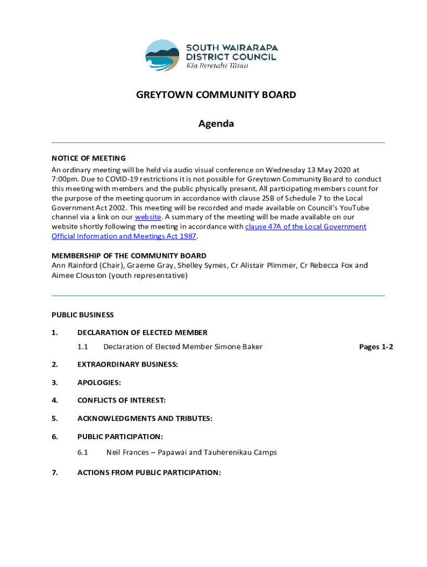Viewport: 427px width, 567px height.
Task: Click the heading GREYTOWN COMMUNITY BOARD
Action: click(216, 95)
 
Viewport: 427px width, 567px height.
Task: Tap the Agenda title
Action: click(216, 123)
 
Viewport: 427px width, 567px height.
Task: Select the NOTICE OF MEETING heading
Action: click(89, 158)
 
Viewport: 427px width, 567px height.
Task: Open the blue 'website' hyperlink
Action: click(148, 217)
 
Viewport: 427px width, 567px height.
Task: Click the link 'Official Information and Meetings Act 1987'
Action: click(124, 236)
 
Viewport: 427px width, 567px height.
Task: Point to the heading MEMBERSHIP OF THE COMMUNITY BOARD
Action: click(129, 256)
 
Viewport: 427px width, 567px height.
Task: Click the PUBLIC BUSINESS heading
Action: click(83, 315)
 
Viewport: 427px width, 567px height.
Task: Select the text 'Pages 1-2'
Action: click(376, 347)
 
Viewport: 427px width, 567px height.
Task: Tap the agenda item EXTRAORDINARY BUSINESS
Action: click(128, 364)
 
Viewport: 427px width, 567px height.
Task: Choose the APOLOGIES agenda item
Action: click(99, 382)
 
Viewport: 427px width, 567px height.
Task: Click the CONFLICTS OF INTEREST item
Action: click(121, 400)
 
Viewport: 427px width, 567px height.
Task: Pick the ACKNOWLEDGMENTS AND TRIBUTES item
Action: click(144, 418)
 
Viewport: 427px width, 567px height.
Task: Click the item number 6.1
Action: click(83, 452)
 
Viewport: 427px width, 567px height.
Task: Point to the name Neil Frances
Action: click(128, 452)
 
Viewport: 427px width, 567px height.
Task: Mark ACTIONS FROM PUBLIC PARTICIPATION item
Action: click(149, 472)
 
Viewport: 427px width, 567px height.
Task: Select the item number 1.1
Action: click(83, 347)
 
